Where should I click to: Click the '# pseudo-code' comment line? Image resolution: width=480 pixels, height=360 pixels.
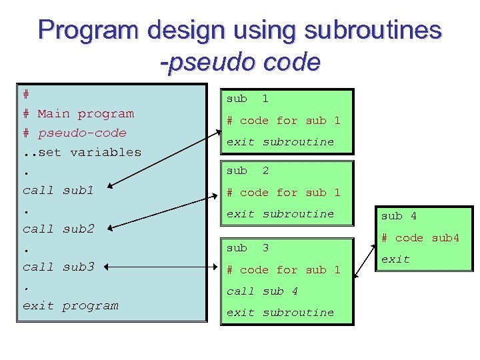point(74,133)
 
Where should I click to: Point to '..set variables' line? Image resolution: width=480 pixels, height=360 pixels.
point(81,152)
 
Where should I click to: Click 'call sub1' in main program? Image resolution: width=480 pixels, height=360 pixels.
point(58,190)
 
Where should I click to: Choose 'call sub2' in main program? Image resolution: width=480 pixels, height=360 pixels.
point(58,229)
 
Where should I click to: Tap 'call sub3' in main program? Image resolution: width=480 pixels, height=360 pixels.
point(58,267)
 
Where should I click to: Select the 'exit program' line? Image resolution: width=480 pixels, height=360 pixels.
point(70,305)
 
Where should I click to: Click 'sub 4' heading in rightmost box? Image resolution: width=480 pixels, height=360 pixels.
point(399,216)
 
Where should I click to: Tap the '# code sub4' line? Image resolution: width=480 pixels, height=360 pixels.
point(420,238)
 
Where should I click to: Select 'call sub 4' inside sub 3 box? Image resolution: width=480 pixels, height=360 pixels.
point(262,291)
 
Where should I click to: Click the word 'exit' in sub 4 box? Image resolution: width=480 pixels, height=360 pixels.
point(395,259)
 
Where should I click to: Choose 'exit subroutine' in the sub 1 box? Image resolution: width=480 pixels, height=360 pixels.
point(280,142)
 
